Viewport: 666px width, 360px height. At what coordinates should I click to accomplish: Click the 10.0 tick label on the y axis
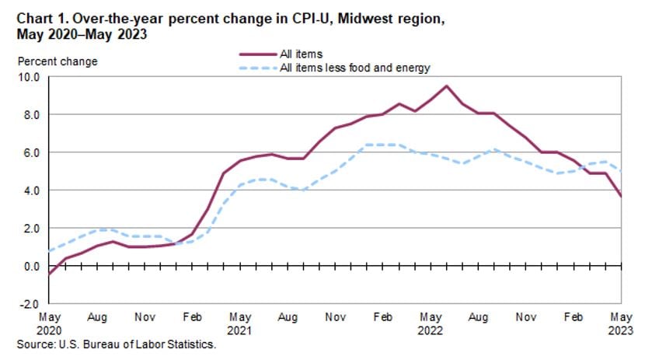click(30, 77)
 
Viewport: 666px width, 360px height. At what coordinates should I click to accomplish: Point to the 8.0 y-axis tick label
click(32, 114)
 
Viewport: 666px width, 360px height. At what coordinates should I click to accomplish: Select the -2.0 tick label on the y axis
click(30, 304)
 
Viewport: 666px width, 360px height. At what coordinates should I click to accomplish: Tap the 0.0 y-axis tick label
click(32, 266)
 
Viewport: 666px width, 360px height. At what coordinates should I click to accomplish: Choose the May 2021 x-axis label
click(239, 323)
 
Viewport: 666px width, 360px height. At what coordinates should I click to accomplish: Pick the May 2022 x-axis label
click(430, 323)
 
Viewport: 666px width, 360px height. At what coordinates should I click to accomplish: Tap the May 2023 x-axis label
click(620, 323)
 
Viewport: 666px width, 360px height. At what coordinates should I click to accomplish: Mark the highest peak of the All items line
click(446, 86)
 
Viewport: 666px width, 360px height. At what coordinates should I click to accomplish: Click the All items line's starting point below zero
click(49, 274)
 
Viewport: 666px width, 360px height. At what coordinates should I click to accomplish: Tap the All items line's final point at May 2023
click(620, 196)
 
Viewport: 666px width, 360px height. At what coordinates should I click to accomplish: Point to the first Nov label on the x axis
click(144, 318)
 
